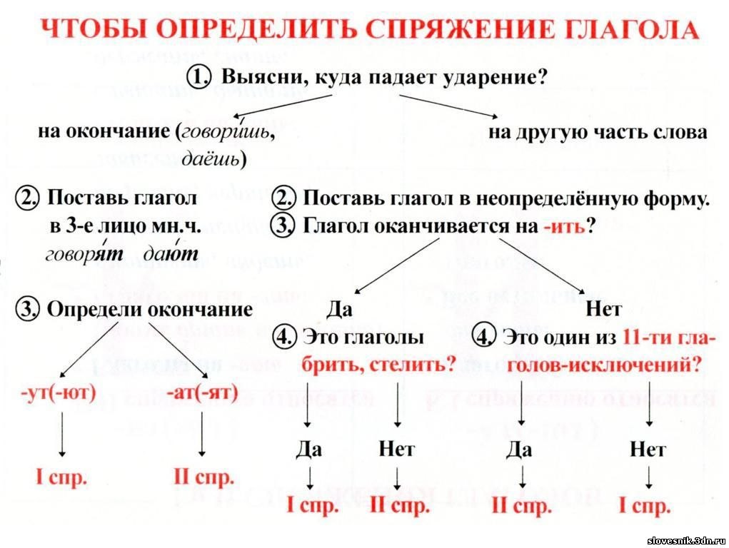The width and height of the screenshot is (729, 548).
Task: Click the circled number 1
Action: (x=201, y=77)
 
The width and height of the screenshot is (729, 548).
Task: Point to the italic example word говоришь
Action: (x=227, y=133)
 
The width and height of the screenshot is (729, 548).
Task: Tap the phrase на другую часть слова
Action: (x=598, y=133)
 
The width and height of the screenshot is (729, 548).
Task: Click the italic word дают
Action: (x=169, y=255)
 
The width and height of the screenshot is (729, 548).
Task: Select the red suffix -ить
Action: (x=563, y=226)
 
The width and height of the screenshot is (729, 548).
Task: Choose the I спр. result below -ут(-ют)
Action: (x=62, y=477)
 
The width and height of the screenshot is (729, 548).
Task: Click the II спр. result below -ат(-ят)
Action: (x=203, y=477)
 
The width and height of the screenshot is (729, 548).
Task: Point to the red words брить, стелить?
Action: (x=378, y=365)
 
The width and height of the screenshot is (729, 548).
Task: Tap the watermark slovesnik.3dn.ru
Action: (x=686, y=541)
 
